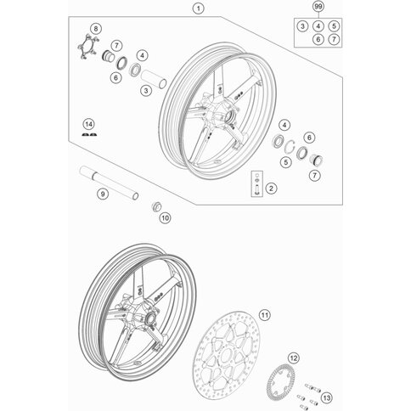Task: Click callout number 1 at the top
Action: point(198,10)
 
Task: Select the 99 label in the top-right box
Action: point(318,8)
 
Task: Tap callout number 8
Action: point(95,30)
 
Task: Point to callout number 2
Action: point(271,188)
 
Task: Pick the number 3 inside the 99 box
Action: point(304,25)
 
